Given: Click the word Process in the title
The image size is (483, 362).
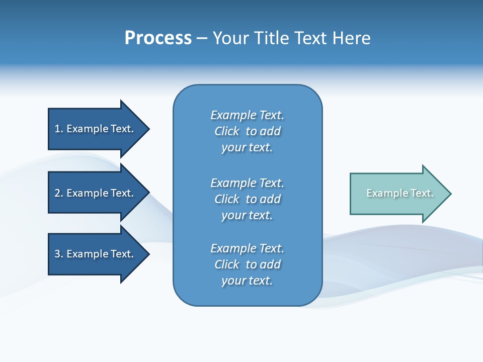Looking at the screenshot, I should [158, 38].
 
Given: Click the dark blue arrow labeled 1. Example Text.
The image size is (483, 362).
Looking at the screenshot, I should [96, 129].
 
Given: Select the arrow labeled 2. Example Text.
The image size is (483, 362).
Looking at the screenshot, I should [96, 193].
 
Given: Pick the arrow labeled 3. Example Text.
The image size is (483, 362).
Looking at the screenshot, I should [96, 254].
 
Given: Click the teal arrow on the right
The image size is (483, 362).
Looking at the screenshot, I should [397, 194].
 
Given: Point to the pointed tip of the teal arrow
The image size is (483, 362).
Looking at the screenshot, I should [450, 194].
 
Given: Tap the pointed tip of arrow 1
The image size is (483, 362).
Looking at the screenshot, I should [148, 129].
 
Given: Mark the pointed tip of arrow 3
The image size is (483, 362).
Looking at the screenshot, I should [148, 254].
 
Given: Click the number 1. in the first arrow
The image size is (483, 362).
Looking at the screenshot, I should [59, 129].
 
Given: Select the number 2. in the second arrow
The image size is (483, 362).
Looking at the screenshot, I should [59, 193].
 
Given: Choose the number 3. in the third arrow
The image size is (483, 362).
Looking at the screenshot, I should [59, 254].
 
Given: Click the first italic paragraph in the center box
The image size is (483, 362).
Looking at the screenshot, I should [247, 131].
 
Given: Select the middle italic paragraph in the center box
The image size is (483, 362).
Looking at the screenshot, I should [247, 199].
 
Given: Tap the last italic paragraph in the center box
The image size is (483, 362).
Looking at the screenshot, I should [247, 264].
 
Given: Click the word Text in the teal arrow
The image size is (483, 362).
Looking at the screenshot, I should [422, 193].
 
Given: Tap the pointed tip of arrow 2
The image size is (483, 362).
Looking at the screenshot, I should [148, 193].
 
